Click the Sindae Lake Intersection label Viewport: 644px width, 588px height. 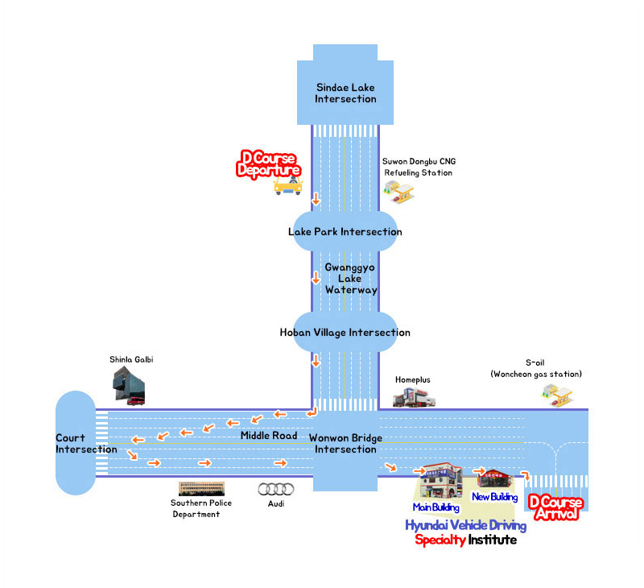pyautogui.click(x=345, y=93)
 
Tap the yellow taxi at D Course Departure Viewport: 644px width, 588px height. pyautogui.click(x=287, y=186)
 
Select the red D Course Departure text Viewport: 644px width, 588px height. pyautogui.click(x=269, y=164)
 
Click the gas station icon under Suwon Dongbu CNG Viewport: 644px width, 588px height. pyautogui.click(x=399, y=191)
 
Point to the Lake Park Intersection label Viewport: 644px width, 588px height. pyautogui.click(x=345, y=232)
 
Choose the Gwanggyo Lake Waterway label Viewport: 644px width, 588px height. pyautogui.click(x=351, y=278)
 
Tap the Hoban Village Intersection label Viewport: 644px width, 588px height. pyautogui.click(x=345, y=332)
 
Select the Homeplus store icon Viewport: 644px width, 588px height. pyautogui.click(x=414, y=395)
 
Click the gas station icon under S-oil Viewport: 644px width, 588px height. pyautogui.click(x=558, y=394)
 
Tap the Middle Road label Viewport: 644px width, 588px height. pyautogui.click(x=269, y=436)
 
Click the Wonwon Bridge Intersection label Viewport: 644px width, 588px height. pyautogui.click(x=345, y=444)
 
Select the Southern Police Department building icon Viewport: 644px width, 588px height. pyautogui.click(x=200, y=489)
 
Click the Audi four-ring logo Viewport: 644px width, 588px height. pyautogui.click(x=271, y=489)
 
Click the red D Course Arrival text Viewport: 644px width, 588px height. pyautogui.click(x=555, y=508)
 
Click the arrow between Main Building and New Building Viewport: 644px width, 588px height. pyautogui.click(x=480, y=471)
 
